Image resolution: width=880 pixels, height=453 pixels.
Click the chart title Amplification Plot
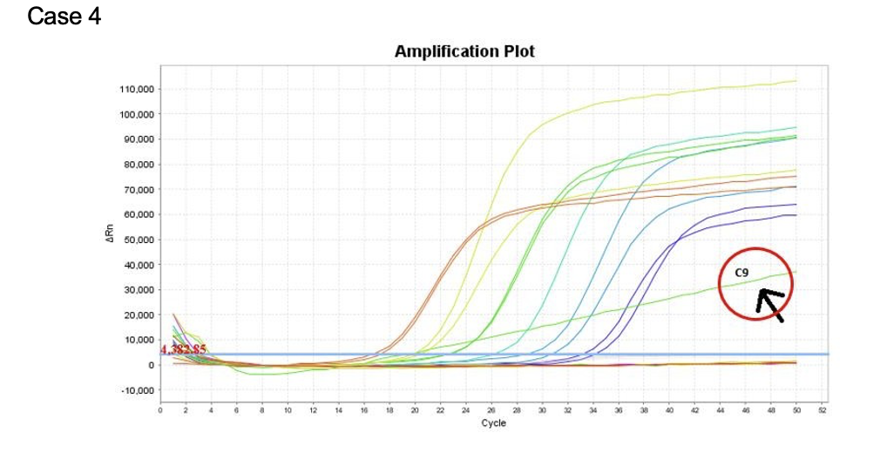click(464, 51)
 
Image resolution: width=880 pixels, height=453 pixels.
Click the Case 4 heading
click(64, 17)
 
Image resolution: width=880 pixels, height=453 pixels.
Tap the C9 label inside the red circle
click(741, 273)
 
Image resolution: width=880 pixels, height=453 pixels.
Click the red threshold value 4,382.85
click(183, 349)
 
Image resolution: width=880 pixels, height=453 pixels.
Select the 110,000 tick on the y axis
click(135, 89)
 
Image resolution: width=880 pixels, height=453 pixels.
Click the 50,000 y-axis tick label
click(137, 240)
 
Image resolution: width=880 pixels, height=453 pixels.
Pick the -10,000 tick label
click(136, 389)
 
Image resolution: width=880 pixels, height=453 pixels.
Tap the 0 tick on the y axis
click(150, 364)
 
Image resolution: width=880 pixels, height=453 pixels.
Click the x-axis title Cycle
click(493, 423)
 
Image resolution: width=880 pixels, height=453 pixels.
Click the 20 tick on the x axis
click(415, 409)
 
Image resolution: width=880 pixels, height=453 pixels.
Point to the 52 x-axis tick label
click(822, 409)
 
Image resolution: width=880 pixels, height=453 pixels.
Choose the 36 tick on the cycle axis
click(619, 409)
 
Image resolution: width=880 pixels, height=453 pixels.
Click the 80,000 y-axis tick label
click(137, 164)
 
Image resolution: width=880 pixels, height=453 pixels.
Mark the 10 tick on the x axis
click(288, 409)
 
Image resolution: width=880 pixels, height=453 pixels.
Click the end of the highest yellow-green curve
click(795, 81)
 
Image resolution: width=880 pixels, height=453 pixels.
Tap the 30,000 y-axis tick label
click(137, 289)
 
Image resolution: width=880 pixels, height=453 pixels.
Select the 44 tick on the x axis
click(720, 409)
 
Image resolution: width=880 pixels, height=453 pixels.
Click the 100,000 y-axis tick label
click(135, 114)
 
